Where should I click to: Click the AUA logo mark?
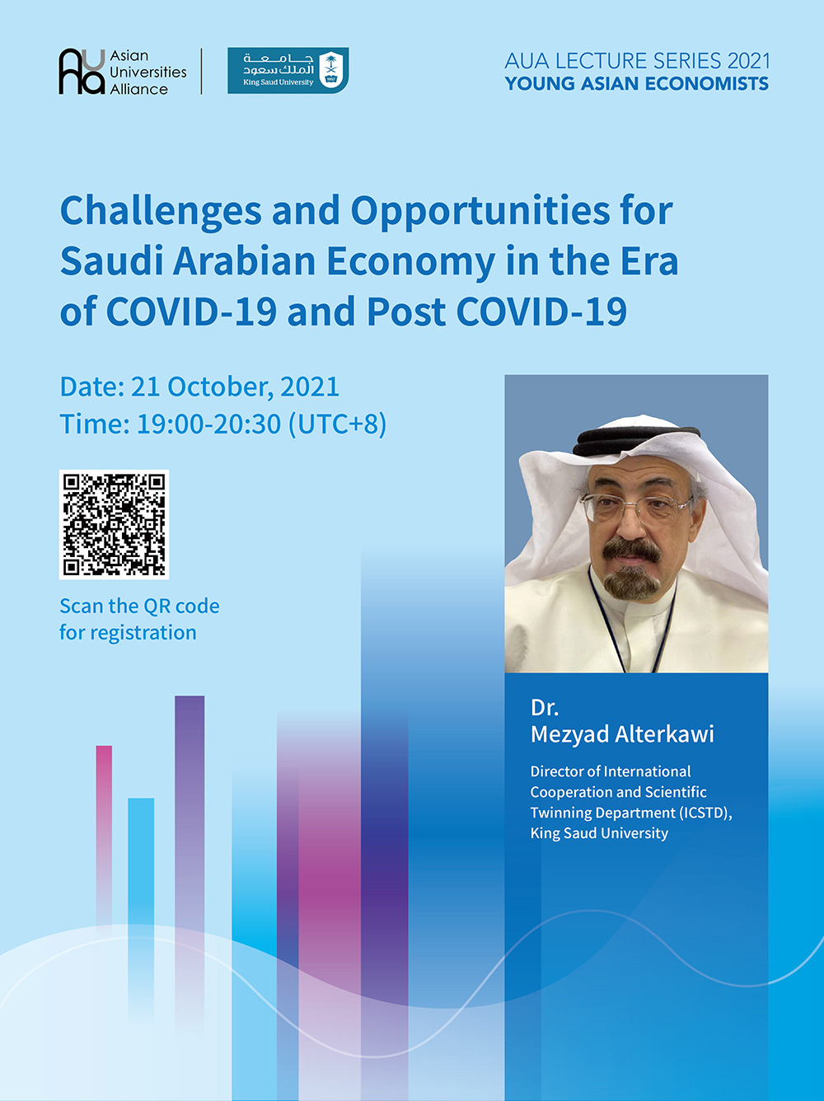pos(82,71)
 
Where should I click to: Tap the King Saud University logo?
pos(288,70)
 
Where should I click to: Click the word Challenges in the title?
pos(161,212)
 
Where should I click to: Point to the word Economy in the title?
pos(410,262)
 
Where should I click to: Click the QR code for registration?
pos(114,524)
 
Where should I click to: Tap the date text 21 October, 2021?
pos(235,387)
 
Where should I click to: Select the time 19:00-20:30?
pos(208,424)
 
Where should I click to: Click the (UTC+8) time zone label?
pos(338,424)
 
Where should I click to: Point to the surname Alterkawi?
pos(664,734)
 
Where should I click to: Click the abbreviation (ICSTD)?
pos(705,813)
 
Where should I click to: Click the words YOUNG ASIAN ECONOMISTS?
pos(636,84)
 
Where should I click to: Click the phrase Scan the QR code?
pos(139,607)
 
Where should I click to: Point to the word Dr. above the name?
pos(544,707)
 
